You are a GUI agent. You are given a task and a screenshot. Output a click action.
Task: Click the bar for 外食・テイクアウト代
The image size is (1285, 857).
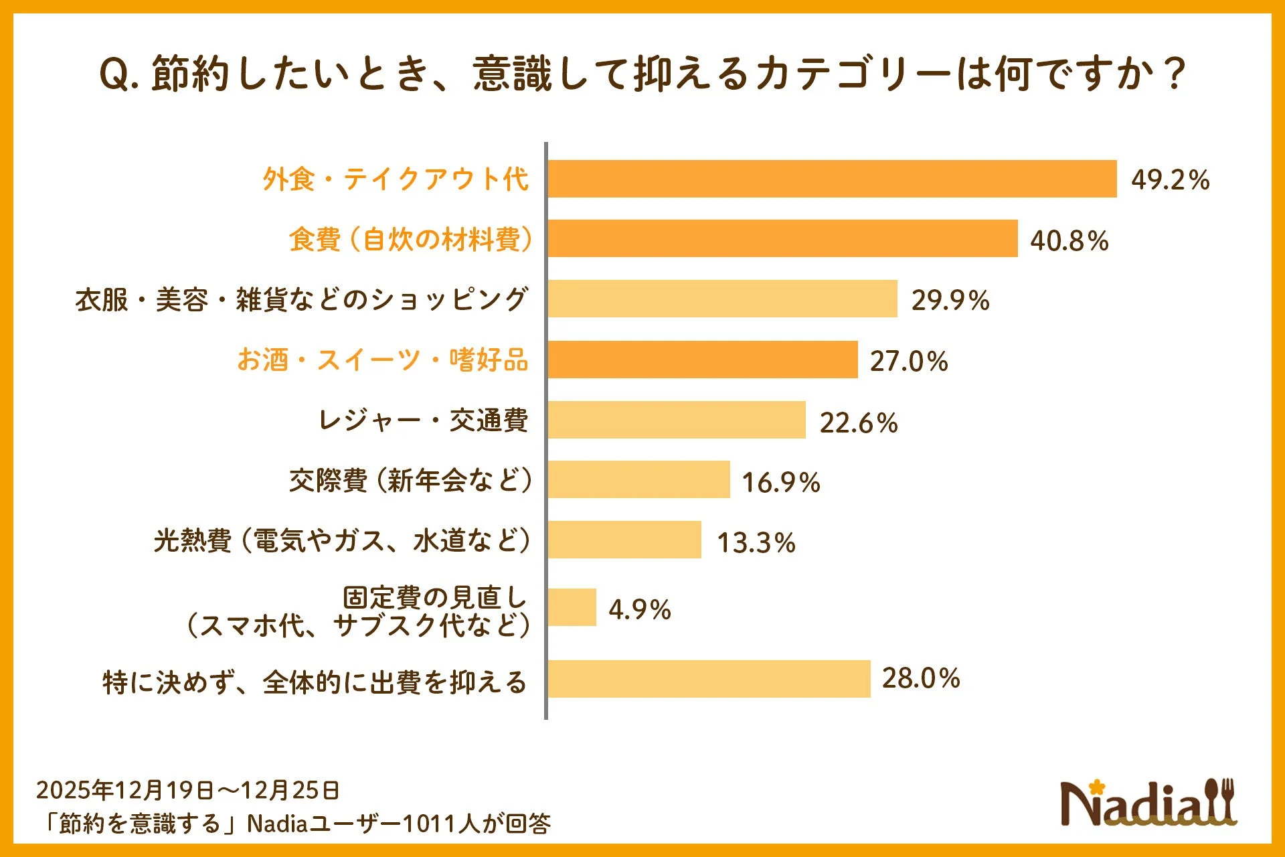pos(832,179)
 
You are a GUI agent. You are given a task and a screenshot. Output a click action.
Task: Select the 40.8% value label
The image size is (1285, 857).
pos(1069,240)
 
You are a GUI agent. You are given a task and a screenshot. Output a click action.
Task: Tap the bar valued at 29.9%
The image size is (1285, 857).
pos(722,299)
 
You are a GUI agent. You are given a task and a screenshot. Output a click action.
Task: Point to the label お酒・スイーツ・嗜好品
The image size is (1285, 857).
pos(382,360)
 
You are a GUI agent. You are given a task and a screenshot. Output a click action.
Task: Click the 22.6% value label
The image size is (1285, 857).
pos(858,422)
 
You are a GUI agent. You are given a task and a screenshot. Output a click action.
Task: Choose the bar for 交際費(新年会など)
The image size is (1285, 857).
pos(638,479)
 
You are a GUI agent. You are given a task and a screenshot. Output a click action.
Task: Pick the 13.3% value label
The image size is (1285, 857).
pos(756,542)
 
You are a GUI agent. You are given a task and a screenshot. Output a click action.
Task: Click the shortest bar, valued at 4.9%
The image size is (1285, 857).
pos(572,607)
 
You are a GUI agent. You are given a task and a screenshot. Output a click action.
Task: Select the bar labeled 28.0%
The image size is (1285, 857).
pos(709,679)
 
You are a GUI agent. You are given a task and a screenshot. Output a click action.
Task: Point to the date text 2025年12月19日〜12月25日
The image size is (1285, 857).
pos(187,790)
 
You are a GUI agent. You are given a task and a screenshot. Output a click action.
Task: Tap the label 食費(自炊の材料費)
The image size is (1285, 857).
pos(410,239)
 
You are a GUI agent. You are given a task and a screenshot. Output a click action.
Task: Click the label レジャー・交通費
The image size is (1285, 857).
pos(422,420)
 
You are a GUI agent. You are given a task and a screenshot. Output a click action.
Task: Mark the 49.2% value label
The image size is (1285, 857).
pos(1170,179)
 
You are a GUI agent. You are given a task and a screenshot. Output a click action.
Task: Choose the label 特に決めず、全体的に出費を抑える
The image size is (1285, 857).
pos(315,682)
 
